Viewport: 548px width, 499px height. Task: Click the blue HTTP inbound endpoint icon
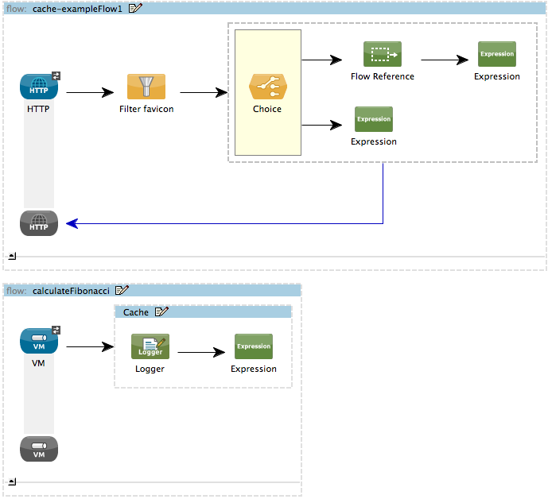coord(39,87)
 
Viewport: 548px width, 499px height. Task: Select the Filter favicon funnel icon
coord(146,87)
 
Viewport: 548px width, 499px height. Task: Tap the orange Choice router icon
coord(267,87)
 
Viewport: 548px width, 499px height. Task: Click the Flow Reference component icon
coord(383,55)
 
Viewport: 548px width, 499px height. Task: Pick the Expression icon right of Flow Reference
coord(497,55)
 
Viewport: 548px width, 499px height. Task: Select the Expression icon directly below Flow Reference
coord(374,120)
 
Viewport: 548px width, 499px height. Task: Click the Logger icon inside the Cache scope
coord(150,347)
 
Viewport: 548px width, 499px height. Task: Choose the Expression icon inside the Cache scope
coord(254,347)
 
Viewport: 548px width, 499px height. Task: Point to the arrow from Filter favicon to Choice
coord(204,92)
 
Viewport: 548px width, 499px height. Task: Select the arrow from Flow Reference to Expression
coord(445,60)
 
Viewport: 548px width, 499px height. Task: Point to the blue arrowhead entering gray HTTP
coord(72,223)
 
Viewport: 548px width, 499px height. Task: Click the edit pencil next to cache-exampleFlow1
coord(135,8)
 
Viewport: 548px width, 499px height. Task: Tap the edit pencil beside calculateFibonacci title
coord(122,291)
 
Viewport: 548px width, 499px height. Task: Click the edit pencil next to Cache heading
coord(161,312)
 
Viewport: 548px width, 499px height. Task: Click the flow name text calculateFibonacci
coord(72,291)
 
